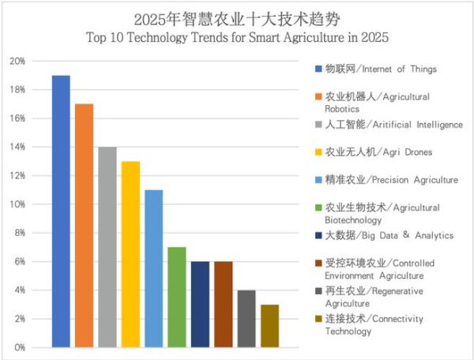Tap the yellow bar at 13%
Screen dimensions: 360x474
coord(130,253)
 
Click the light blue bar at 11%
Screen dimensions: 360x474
coord(153,268)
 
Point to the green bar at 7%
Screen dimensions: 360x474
coord(177,297)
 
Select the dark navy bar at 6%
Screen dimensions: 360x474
coord(200,304)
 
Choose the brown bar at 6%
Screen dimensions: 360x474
coord(223,304)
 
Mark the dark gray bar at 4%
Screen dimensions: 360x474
coord(246,318)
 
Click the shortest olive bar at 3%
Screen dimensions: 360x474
coord(269,325)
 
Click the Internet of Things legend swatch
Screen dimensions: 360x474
coord(318,69)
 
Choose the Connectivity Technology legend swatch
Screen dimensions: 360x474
coord(318,319)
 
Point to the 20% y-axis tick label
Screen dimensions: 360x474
coord(17,61)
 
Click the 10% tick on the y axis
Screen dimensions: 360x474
coord(17,204)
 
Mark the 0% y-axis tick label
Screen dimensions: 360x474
coord(19,347)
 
